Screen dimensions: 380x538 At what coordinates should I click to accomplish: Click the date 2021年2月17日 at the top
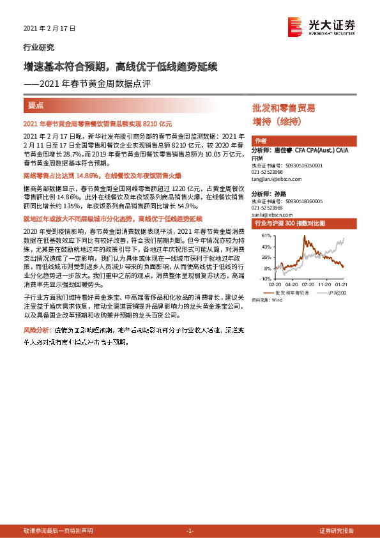coord(49,29)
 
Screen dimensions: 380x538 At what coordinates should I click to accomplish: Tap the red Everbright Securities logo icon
coord(294,26)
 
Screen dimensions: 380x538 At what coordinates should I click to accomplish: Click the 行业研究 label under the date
coord(38,47)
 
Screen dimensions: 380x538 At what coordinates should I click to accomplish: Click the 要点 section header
coord(35,104)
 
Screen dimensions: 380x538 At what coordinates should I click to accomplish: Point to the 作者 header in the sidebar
coord(260,141)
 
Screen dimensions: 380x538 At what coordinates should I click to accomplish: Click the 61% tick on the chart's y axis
coord(265,235)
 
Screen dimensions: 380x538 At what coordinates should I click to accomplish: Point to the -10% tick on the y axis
coord(264,279)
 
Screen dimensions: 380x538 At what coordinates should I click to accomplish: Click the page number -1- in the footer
coord(190,531)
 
